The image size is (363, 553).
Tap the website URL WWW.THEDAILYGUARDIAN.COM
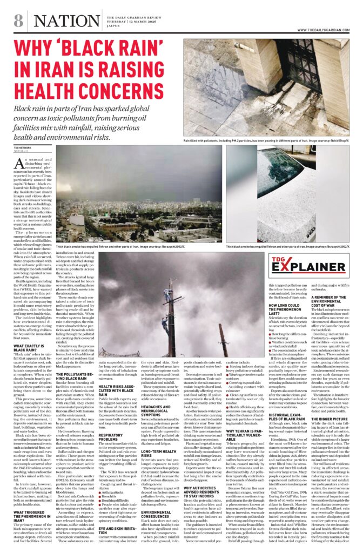pyautogui.click(x=323, y=29)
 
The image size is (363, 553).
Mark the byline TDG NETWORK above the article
pyautogui.click(x=22, y=147)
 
